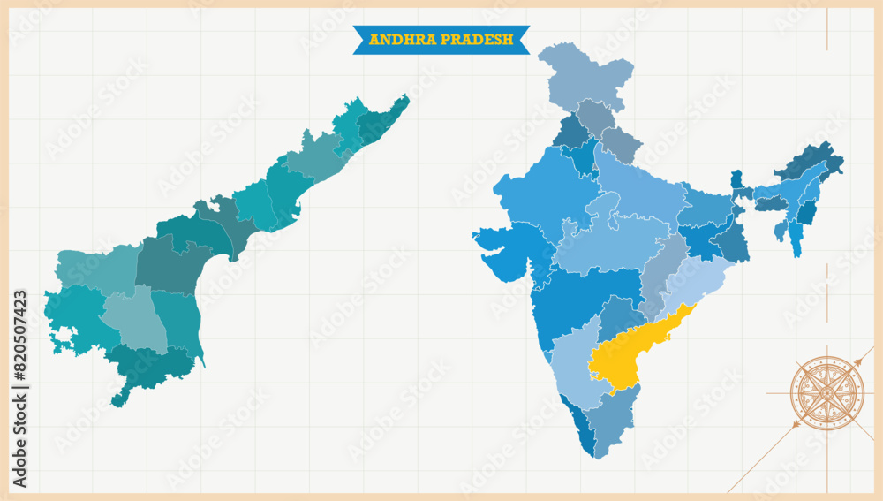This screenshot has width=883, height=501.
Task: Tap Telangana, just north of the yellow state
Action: pos(623,318)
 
